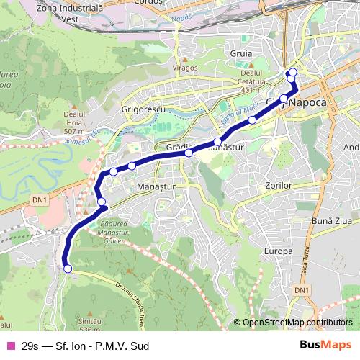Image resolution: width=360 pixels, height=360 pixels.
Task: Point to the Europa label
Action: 279,251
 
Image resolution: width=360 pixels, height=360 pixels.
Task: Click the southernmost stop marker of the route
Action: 68,269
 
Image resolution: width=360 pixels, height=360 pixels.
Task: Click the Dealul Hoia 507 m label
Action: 75,122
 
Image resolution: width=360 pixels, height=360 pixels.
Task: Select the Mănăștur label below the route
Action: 156,185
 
